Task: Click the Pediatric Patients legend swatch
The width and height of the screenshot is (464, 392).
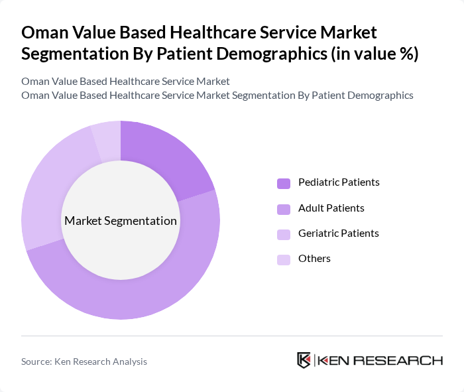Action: point(284,183)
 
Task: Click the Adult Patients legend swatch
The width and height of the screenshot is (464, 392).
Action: point(284,209)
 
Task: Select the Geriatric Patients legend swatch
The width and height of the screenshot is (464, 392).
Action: point(284,234)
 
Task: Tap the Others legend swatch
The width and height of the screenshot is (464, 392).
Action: point(284,259)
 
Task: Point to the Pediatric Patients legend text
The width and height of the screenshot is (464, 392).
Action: point(339,182)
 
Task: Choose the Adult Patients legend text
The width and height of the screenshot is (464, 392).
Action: point(331,208)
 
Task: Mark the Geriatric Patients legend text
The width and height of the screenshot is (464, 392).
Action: point(338,233)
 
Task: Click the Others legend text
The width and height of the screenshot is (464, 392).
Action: point(314,259)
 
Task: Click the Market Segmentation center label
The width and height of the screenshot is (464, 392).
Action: point(121,221)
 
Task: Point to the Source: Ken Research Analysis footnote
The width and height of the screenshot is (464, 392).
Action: point(84,361)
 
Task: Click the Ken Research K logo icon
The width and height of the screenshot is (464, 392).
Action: point(304,360)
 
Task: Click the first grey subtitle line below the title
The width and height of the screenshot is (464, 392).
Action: point(125,82)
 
